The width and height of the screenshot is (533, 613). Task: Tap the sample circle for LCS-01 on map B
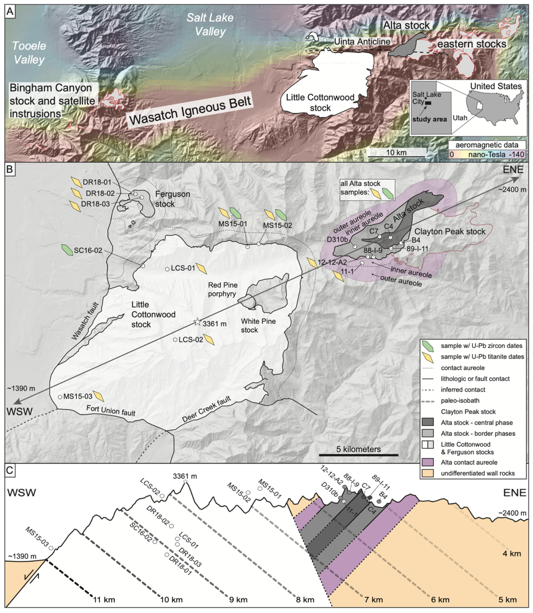167,269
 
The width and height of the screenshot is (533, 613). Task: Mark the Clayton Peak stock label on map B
450,231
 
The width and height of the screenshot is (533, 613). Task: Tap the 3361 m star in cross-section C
185,481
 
